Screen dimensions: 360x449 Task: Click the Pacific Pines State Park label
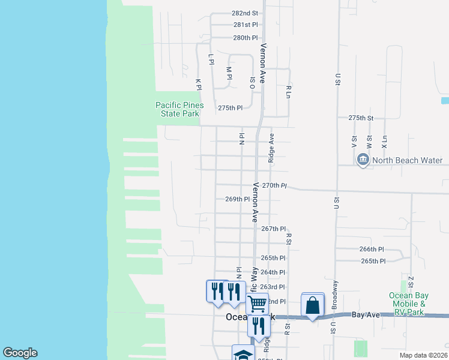tap(179, 109)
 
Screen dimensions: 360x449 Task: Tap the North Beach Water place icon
tap(363, 160)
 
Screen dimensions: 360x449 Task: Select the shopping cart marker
tap(257, 304)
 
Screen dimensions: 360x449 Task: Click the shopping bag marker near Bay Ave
tap(313, 305)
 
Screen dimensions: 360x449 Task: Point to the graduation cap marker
tap(243, 353)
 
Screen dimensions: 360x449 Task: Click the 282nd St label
tap(245, 13)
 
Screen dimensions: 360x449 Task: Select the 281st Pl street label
tap(246, 25)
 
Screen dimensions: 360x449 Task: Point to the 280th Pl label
tap(246, 37)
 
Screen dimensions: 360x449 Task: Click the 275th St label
tap(361, 118)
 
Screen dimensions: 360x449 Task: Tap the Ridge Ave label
tap(271, 148)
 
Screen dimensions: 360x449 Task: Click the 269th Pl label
tap(237, 199)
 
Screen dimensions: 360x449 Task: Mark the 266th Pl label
tap(372, 249)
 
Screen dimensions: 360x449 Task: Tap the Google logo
tap(20, 353)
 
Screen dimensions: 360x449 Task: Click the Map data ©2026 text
tap(423, 355)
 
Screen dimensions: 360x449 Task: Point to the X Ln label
tap(384, 142)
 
